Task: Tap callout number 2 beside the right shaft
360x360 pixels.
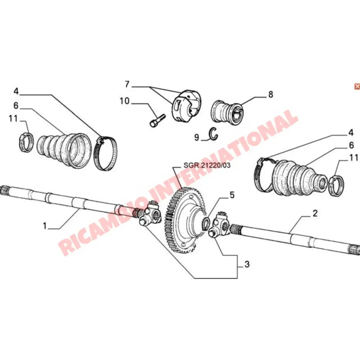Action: (x=315, y=213)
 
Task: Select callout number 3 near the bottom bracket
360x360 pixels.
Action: (x=247, y=265)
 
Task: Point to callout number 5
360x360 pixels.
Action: (x=232, y=195)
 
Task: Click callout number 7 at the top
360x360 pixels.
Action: (x=127, y=85)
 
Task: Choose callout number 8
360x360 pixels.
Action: (x=270, y=94)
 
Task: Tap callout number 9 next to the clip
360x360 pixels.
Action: (x=197, y=137)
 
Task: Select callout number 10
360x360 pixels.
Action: (x=124, y=101)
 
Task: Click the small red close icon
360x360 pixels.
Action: (x=356, y=86)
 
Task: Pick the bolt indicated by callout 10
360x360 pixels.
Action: (x=157, y=120)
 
